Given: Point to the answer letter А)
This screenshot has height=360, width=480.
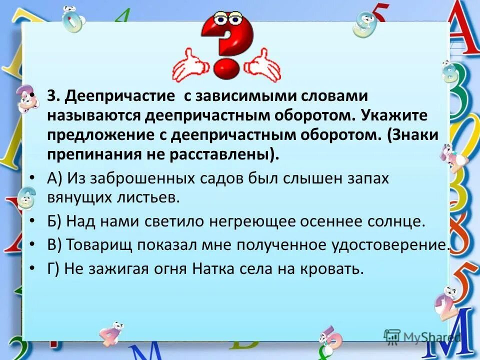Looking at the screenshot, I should click(x=54, y=178).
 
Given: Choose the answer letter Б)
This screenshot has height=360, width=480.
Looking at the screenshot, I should click(x=54, y=221).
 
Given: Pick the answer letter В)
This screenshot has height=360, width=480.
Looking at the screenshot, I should click(x=54, y=245).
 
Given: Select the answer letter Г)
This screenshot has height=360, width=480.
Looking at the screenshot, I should click(x=53, y=269).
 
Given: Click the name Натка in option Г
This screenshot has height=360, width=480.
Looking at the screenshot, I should click(x=229, y=269).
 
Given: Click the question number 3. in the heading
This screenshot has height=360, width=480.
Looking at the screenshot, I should click(x=53, y=96).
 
